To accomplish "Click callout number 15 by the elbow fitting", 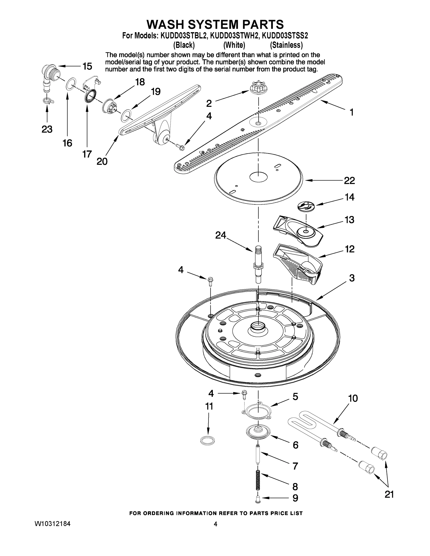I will click(x=87, y=66).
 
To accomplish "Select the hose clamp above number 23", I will click(x=48, y=101).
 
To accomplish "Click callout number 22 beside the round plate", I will click(x=349, y=180).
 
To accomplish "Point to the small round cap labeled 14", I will click(x=306, y=206).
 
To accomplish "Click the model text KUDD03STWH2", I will click(x=234, y=35).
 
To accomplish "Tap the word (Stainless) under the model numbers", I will click(x=286, y=45).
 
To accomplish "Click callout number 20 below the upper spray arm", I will click(x=102, y=161).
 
